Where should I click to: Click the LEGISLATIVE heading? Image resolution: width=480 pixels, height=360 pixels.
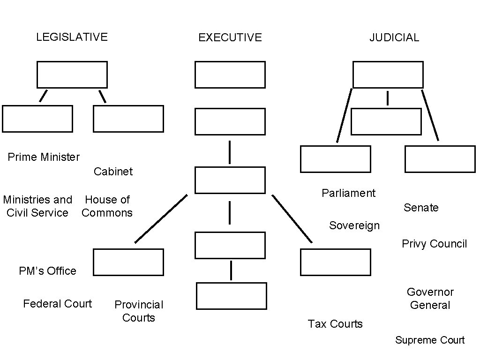[x=72, y=37]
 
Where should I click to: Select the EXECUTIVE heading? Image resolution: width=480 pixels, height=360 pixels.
[x=230, y=37]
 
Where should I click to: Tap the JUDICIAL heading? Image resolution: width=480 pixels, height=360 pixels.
[x=394, y=37]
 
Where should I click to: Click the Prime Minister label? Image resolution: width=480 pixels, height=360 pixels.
[x=44, y=157]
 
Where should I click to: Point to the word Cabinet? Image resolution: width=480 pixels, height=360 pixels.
[x=113, y=172]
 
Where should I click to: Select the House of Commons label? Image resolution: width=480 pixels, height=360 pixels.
[x=107, y=206]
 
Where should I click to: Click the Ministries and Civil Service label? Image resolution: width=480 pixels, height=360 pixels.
[x=37, y=206]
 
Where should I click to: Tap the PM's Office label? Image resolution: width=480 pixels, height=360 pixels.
[x=47, y=271]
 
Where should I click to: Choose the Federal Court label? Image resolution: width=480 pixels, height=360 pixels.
[x=57, y=304]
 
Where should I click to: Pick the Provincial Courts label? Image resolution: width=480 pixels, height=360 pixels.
[x=139, y=311]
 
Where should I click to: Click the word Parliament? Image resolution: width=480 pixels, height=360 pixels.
[x=348, y=193]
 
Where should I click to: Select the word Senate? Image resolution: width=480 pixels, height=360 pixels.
[x=421, y=208]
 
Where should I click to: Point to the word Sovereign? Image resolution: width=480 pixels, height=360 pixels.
[x=354, y=225]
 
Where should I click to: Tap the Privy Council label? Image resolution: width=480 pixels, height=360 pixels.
[x=434, y=244]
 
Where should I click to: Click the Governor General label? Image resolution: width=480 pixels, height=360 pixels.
[x=430, y=299]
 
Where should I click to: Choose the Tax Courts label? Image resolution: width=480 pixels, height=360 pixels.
[x=335, y=324]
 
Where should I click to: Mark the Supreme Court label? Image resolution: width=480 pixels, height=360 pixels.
[x=429, y=340]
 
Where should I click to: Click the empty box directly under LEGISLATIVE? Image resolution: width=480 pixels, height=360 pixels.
[x=72, y=75]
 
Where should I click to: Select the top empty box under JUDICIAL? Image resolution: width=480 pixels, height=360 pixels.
[x=388, y=75]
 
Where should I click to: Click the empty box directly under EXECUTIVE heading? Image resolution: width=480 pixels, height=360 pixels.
[x=230, y=75]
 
